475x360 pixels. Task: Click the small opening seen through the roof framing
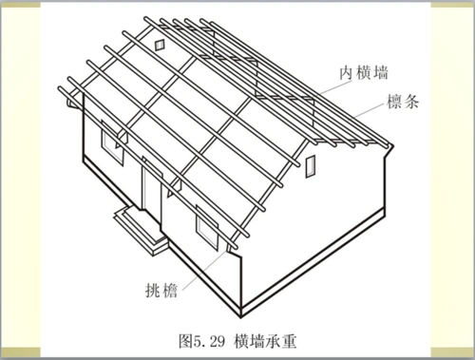[x=159, y=44]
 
